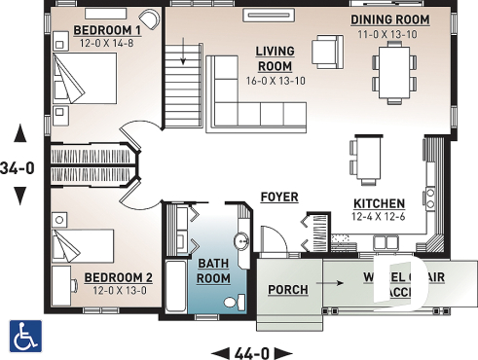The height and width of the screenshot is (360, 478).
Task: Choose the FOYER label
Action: pos(279,198)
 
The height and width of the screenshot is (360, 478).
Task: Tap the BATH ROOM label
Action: pos(214,270)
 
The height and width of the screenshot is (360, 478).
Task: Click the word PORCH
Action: pos(289,290)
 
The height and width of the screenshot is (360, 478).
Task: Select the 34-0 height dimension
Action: pos(18,167)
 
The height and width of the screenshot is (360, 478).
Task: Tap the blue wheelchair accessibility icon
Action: pos(24,335)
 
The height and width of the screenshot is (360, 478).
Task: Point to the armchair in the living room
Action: pos(325,50)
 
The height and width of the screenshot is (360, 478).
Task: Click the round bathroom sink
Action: pos(242,240)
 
